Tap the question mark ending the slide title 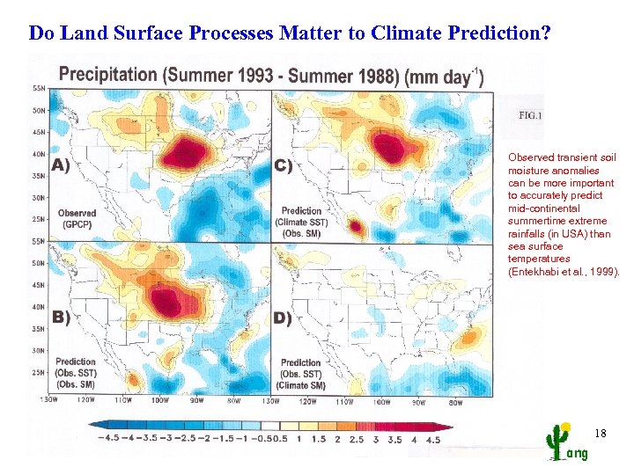(546, 34)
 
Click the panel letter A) (61, 164)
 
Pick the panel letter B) (61, 318)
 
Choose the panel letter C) (284, 164)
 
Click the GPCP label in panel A (76, 224)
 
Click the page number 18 (601, 434)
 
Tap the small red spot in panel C (356, 227)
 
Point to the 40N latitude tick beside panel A (38, 154)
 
